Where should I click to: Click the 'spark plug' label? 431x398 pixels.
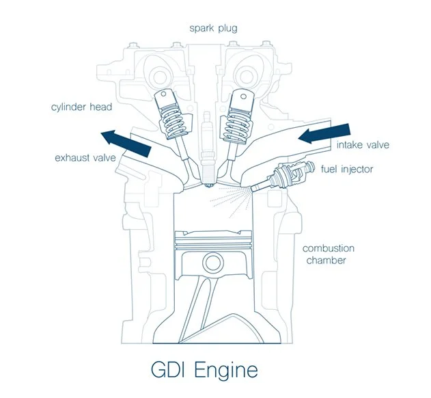click(x=214, y=29)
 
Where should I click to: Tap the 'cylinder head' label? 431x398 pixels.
click(x=81, y=107)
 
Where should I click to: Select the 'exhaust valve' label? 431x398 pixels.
click(x=85, y=159)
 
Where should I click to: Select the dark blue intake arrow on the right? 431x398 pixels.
click(x=326, y=132)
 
